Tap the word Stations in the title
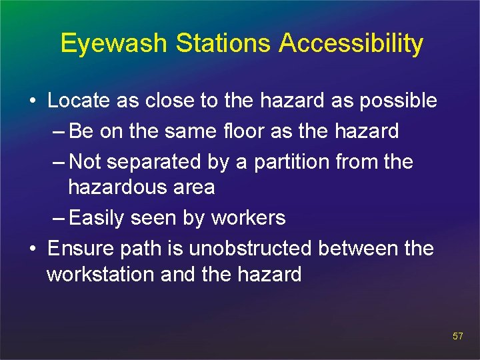[224, 43]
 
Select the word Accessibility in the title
[351, 43]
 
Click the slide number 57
[457, 336]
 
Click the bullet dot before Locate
[32, 101]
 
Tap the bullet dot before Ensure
[32, 249]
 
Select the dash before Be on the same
[59, 131]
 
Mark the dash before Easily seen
[59, 218]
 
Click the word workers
[249, 218]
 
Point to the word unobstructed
[250, 249]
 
